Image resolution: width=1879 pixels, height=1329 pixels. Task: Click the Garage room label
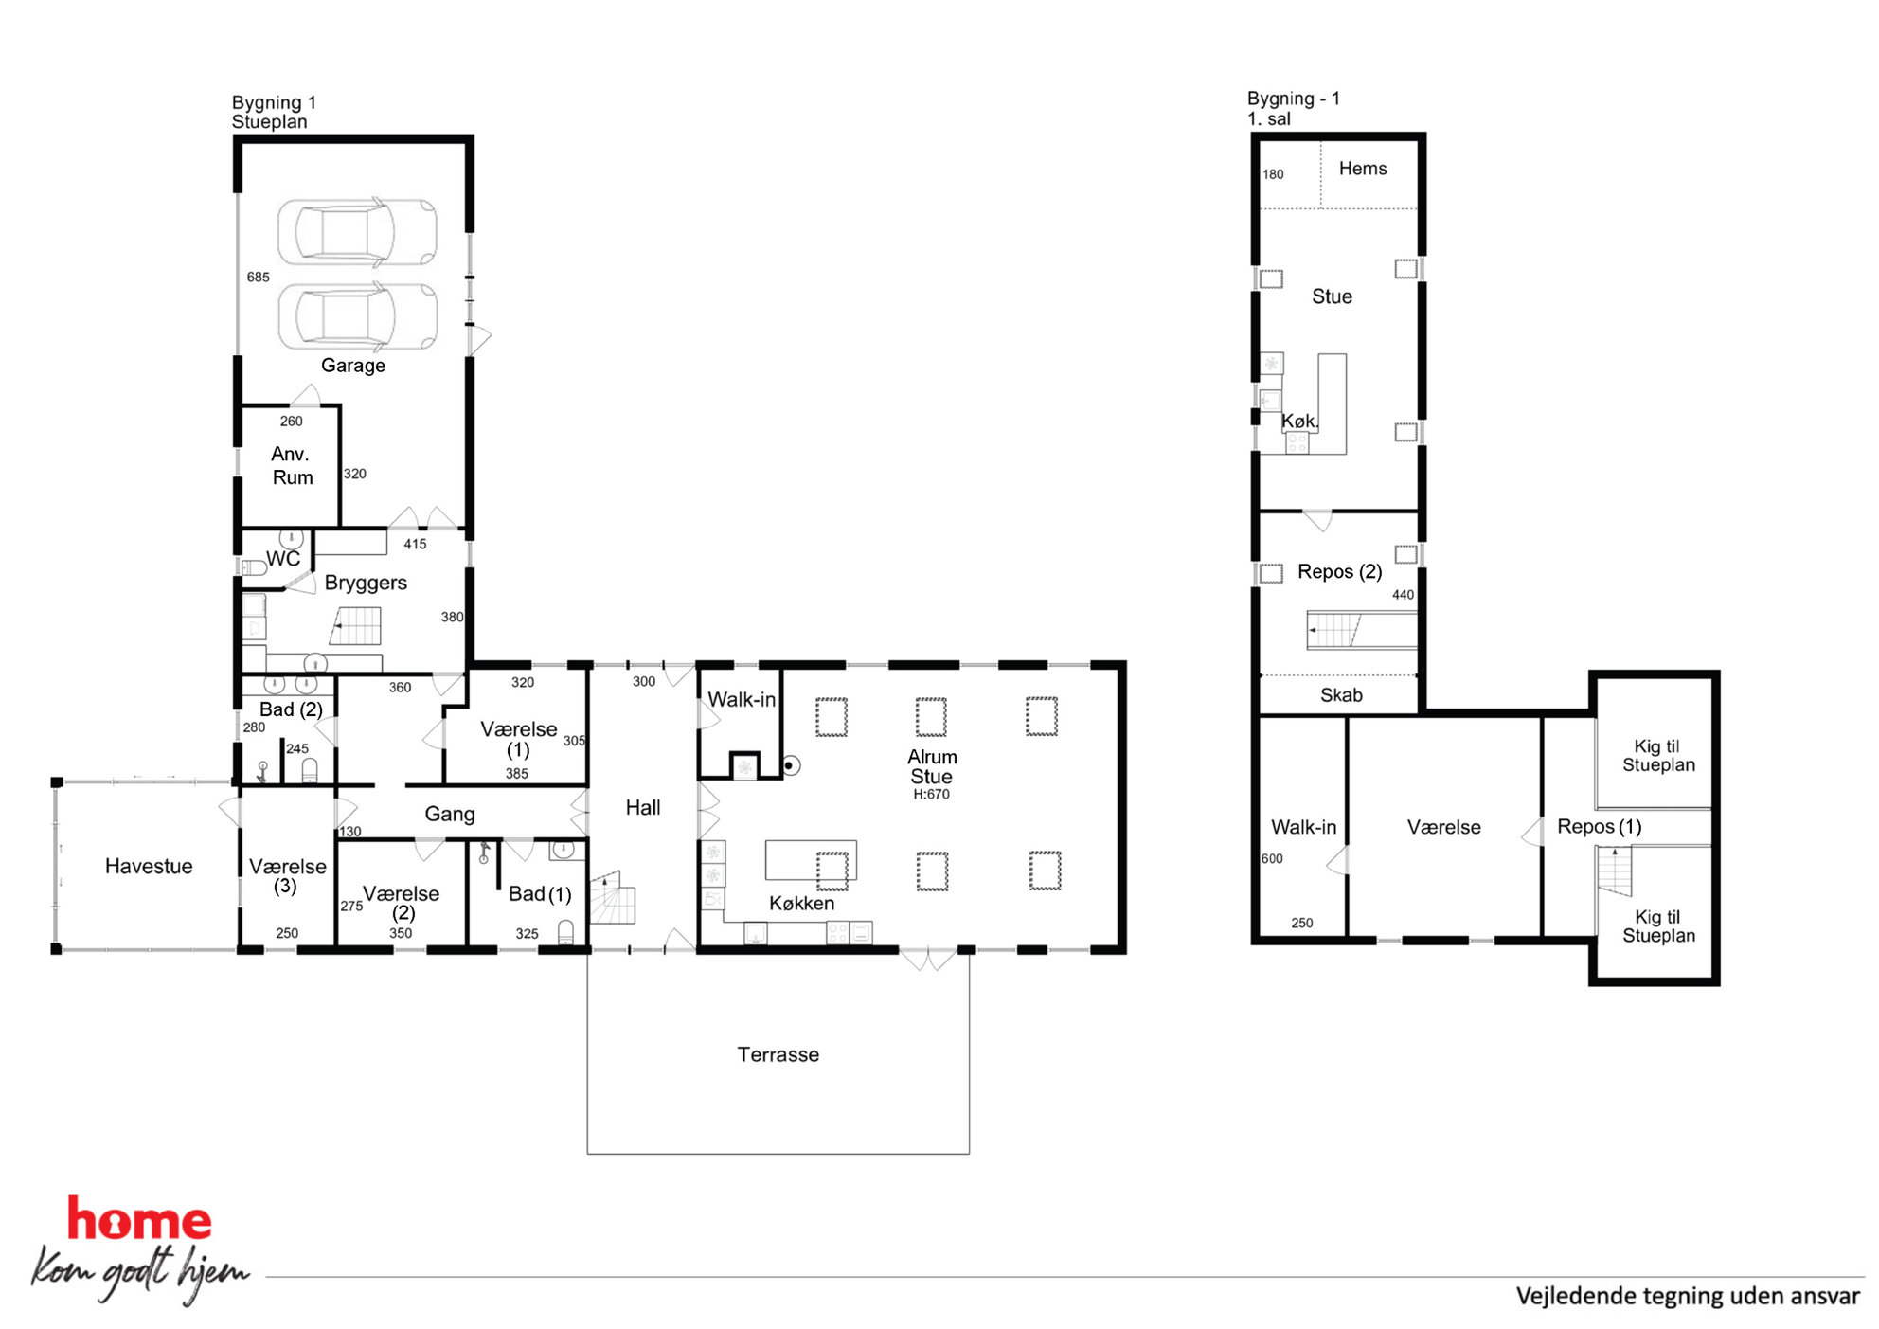pos(352,366)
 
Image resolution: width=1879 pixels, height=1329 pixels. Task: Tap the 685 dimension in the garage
pos(258,278)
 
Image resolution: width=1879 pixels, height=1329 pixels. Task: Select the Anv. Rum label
pos(292,466)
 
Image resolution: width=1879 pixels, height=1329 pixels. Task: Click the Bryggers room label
pos(366,583)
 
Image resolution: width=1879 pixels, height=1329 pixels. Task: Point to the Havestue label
pos(149,866)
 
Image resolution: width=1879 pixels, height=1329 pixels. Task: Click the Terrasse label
pos(778,1054)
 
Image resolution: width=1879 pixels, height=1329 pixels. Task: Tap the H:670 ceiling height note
pos(931,795)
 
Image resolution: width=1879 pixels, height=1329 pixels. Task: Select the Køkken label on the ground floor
pos(801,903)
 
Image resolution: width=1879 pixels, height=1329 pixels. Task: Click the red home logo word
pos(139,1219)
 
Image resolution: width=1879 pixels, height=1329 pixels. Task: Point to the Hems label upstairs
pos(1363,169)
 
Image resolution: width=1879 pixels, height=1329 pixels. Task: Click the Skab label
pos(1341,695)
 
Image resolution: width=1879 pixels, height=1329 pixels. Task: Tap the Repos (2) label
pos(1339,572)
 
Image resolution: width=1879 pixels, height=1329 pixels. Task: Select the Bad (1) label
pos(540,894)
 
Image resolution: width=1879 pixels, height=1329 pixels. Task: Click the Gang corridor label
pos(450,815)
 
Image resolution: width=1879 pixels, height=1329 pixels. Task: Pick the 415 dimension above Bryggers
pos(415,545)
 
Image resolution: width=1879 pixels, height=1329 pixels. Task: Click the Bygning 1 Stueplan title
pos(274,112)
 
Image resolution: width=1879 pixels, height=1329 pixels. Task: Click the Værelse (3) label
pos(287,876)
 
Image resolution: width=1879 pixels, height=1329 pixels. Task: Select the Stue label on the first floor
pos(1332,296)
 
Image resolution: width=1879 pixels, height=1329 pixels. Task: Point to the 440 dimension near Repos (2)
pos(1403,595)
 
